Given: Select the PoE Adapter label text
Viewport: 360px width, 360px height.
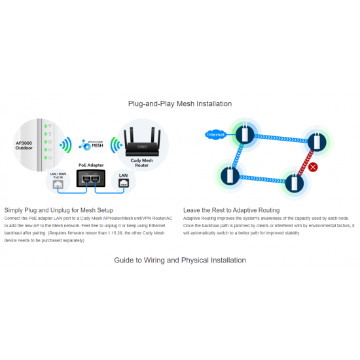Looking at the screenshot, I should pyautogui.click(x=92, y=165).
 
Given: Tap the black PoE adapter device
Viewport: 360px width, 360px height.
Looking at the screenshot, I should pyautogui.click(x=92, y=178).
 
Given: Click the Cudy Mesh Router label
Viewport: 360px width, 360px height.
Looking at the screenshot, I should pyautogui.click(x=143, y=165).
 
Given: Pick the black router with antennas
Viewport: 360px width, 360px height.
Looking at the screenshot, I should pyautogui.click(x=143, y=139).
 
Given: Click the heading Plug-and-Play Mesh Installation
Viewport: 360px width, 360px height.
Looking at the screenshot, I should pyautogui.click(x=179, y=103).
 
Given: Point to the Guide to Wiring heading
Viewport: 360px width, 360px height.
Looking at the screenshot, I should pyautogui.click(x=179, y=260).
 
